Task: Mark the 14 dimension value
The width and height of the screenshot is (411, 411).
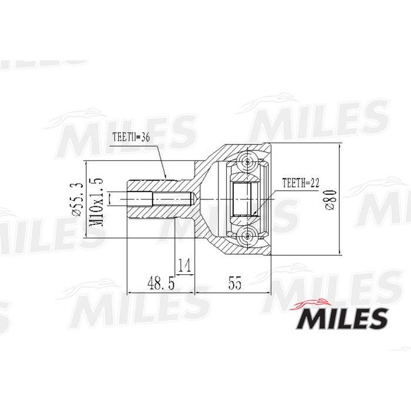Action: coord(184,266)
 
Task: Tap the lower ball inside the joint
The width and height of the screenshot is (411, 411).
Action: coord(248,237)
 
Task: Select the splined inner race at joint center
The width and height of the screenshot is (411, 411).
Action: coord(242,199)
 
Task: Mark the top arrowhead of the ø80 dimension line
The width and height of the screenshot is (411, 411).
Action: coord(340,146)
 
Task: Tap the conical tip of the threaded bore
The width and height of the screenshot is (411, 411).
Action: coord(191,199)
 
